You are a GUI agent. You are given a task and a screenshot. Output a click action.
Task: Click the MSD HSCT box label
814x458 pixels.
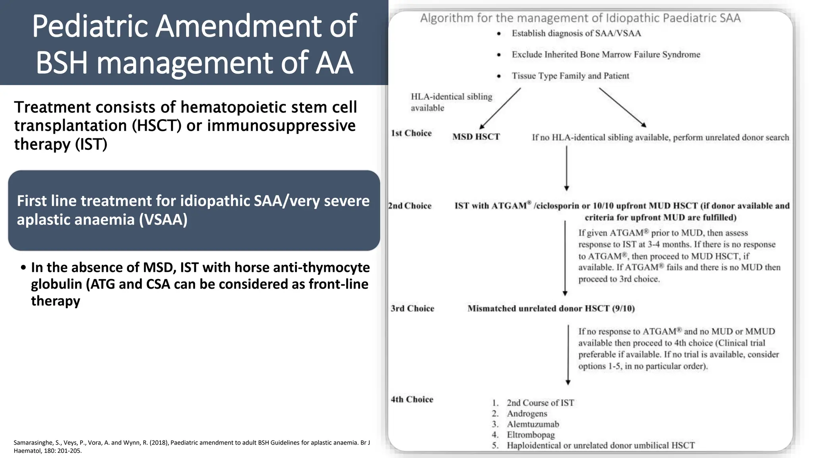point(476,137)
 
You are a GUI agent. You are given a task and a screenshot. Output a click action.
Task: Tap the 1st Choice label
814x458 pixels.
point(411,133)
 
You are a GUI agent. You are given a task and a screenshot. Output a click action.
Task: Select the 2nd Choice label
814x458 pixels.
point(410,206)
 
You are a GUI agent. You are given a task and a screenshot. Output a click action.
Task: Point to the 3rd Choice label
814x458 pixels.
point(412,309)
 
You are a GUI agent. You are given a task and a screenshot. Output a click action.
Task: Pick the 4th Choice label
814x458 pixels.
point(412,400)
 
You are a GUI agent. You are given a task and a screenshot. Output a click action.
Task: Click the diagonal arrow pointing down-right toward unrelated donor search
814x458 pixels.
point(622,107)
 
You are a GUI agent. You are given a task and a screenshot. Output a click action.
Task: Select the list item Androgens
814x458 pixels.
point(527,414)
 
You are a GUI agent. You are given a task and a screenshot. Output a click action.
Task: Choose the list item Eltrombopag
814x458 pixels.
point(531,435)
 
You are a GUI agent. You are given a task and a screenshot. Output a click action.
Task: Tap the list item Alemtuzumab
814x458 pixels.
point(533,424)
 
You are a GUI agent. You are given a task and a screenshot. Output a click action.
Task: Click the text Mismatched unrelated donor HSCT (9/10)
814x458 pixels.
point(551,309)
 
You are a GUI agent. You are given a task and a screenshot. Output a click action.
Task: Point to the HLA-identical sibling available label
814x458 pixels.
point(451,102)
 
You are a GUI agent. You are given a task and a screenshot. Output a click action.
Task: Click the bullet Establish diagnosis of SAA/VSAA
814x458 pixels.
point(576,33)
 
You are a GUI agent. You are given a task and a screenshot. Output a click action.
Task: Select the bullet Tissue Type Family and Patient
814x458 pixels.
point(570,76)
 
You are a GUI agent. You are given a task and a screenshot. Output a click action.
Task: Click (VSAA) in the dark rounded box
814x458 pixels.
point(163,219)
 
